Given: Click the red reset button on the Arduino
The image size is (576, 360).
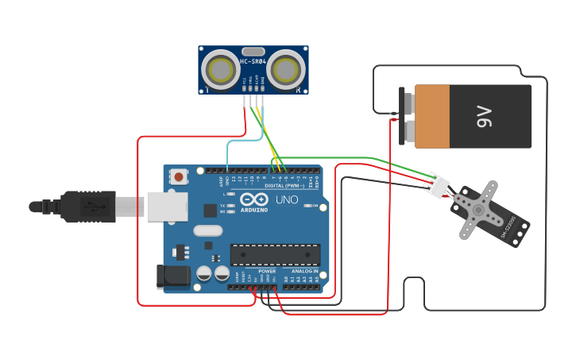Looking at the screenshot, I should [180, 176].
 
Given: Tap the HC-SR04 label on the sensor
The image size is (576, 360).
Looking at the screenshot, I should [253, 61].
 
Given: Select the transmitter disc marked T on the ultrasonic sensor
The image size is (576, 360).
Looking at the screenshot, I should [218, 70].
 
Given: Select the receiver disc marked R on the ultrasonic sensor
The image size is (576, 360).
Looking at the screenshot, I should [287, 70].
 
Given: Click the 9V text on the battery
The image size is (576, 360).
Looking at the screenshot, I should [485, 117].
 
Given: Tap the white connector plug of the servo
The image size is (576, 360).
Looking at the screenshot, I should [436, 184].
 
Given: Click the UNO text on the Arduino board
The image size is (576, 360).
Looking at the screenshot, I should [286, 199].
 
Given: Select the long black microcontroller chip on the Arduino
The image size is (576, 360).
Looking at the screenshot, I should [275, 254].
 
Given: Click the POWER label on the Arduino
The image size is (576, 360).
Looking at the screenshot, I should [267, 271].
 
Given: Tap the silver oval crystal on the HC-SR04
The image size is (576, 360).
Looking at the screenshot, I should [253, 51].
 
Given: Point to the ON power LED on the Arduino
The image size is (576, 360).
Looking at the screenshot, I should [313, 206].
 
